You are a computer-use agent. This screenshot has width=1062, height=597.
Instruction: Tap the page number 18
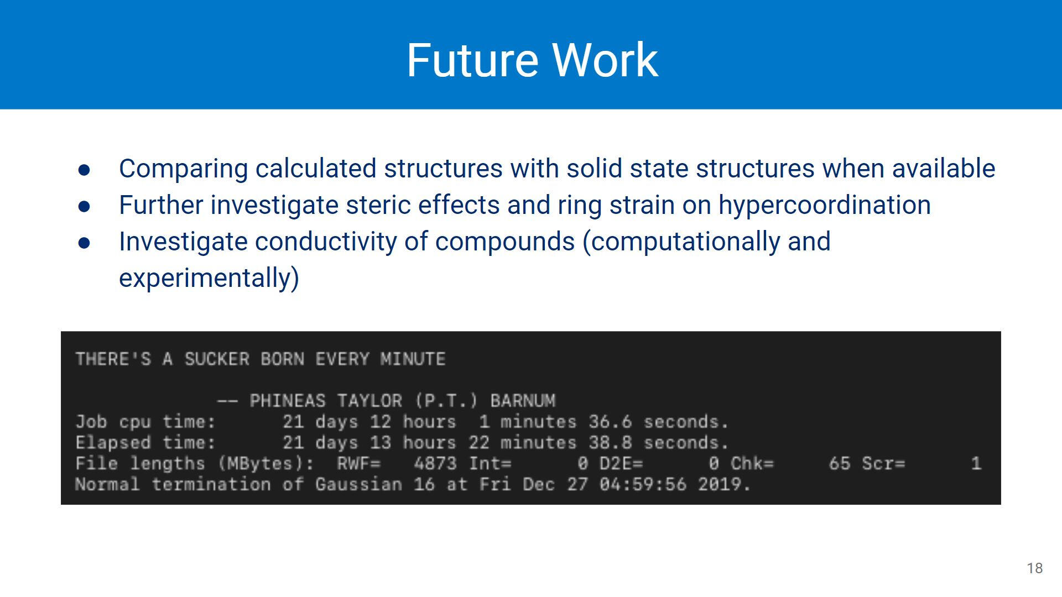point(1034,568)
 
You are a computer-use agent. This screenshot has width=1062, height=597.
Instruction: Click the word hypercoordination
point(824,205)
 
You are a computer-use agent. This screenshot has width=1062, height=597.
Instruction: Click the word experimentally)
point(209,277)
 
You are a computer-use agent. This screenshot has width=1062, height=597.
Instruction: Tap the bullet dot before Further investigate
point(84,206)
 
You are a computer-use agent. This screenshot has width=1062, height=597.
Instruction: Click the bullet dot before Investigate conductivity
point(84,243)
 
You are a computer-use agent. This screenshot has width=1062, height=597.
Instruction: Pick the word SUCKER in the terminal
point(217,359)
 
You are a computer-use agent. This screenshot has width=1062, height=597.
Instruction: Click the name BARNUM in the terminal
point(523,401)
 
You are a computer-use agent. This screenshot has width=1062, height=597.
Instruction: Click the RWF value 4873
point(435,463)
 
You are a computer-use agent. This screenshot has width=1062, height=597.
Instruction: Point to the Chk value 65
point(839,463)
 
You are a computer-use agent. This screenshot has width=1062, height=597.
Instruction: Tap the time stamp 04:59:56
point(643,484)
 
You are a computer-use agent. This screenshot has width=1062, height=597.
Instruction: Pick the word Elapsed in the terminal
point(113,443)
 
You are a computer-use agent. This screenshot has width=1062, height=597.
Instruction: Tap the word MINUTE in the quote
point(413,359)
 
